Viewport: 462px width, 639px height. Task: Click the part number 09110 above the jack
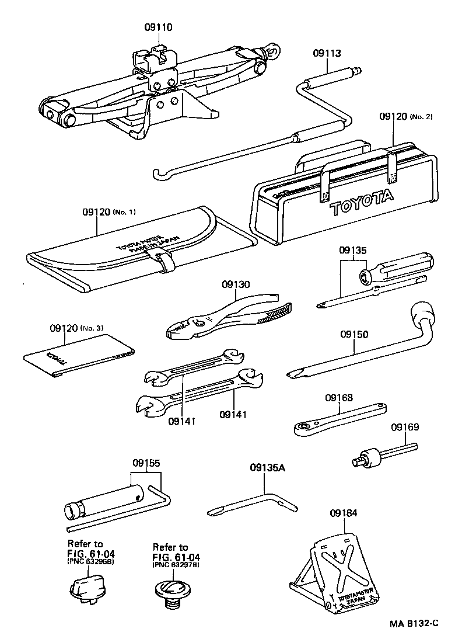coord(158,27)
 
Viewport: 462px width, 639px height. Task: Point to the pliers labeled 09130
coord(233,318)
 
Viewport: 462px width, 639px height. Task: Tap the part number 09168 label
coord(339,398)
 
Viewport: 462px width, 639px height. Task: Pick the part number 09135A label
coord(268,467)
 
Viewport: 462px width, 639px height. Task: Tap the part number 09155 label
coord(146,463)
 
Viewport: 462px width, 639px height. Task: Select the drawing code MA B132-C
coord(414,624)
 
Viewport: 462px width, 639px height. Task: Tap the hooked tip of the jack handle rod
coord(156,173)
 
